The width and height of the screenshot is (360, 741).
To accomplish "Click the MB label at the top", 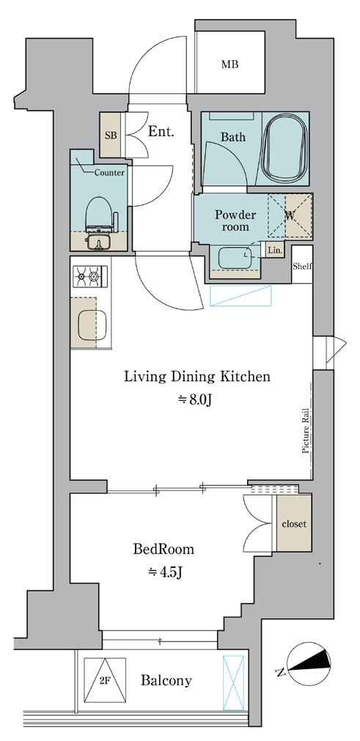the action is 230,64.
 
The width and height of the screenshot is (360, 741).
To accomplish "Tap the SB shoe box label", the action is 111,136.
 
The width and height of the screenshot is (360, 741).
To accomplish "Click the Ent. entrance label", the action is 161,132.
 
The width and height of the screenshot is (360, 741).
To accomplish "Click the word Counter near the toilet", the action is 109,173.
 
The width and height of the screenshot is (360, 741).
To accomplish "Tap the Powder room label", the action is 235,221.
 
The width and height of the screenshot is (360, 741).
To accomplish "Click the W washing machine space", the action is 290,216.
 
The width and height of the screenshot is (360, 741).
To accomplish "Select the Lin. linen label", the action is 274,251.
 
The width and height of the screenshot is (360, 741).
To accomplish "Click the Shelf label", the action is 302,266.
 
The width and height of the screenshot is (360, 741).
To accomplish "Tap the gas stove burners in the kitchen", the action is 89,276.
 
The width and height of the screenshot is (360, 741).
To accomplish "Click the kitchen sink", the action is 92,325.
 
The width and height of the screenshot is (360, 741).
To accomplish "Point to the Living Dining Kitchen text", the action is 197,377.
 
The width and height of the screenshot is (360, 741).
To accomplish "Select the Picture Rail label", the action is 306,430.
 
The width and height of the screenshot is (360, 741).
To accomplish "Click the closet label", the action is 294,523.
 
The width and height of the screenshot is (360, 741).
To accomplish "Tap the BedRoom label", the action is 164,549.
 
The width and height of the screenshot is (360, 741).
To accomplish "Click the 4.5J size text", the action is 166,572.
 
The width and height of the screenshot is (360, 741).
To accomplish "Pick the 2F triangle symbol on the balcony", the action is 105,680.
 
